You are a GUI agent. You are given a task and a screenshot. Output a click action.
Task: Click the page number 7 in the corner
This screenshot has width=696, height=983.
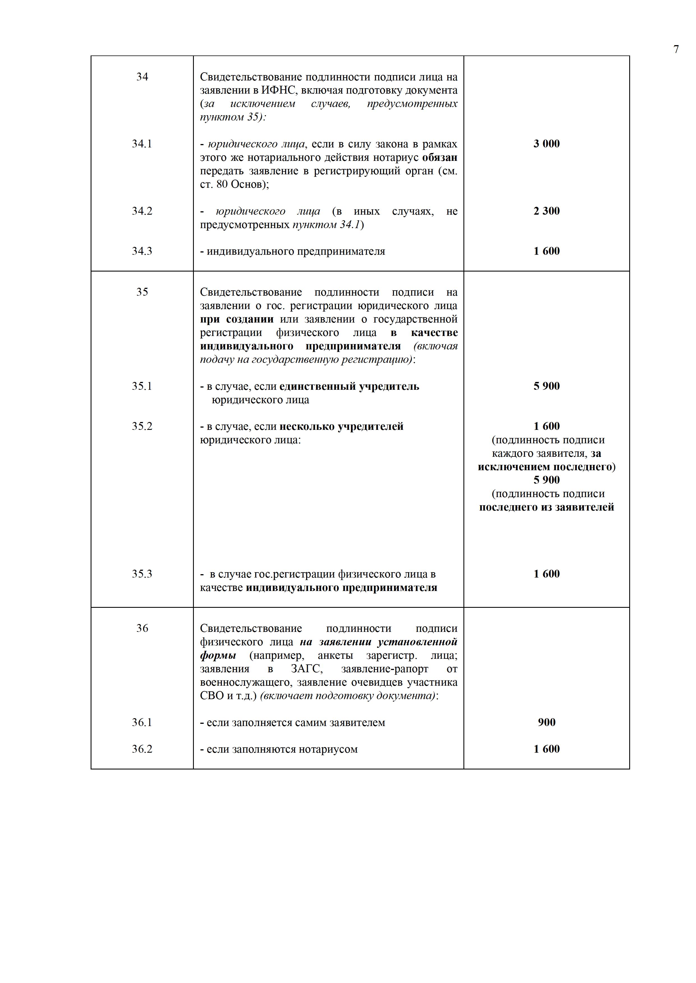coord(676,50)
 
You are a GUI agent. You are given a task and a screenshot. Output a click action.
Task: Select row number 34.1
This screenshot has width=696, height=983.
coord(142,144)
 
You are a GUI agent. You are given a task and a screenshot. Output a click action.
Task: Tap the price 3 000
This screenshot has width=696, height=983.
coord(546,144)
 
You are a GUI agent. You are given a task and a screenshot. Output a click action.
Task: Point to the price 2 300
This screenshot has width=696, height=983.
coord(546,211)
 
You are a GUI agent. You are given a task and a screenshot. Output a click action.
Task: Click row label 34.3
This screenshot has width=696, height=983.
coord(142,251)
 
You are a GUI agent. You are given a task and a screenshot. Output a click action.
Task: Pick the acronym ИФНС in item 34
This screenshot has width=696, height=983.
coord(275,90)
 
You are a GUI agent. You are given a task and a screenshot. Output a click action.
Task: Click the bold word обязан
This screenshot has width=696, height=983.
coord(440,157)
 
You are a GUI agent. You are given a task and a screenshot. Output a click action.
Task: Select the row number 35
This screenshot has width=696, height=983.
coord(142,292)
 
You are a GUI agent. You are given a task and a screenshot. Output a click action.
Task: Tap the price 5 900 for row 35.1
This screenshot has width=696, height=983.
coord(546,386)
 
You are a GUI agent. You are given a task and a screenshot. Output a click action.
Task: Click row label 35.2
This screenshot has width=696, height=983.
coord(142,426)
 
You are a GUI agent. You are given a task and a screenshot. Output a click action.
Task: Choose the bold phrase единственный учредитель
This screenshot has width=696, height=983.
coord(349,386)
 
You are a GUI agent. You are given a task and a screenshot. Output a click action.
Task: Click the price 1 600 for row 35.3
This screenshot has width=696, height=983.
coord(546,574)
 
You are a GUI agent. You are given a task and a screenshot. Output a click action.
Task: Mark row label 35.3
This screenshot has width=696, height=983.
coord(142,574)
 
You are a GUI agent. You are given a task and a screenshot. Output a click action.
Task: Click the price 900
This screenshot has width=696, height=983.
coord(546,722)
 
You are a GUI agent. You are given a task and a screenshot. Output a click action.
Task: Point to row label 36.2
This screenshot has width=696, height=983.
coord(142,749)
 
